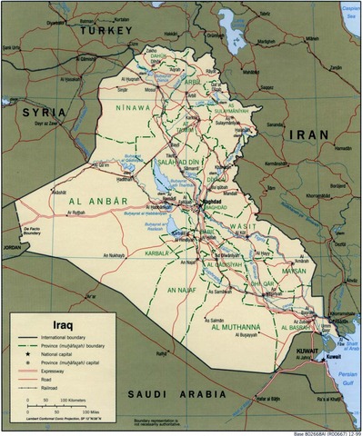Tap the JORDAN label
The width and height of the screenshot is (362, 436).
[11, 246]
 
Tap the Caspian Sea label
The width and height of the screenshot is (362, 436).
[349, 11]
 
